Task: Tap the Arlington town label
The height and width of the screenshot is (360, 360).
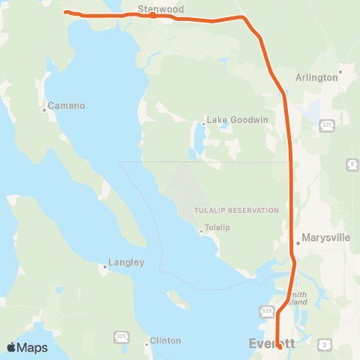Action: pos(316,77)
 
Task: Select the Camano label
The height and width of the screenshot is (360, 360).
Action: pos(65,106)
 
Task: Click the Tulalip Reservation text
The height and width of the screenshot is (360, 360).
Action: pos(236,211)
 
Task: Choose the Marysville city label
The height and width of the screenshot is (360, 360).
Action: pos(325,238)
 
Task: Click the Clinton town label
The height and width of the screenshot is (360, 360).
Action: pos(165,340)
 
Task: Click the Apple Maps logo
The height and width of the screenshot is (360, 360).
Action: pos(27,347)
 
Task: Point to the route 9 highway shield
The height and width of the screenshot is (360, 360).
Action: pos(352,163)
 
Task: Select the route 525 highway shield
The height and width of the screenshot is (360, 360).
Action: pos(121,334)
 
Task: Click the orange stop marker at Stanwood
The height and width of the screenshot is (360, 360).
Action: pos(152,15)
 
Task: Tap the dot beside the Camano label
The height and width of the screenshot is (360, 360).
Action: pos(44,109)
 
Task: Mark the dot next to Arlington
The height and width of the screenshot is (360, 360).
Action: pos(340,73)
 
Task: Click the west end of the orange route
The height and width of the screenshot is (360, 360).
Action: pos(66,12)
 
